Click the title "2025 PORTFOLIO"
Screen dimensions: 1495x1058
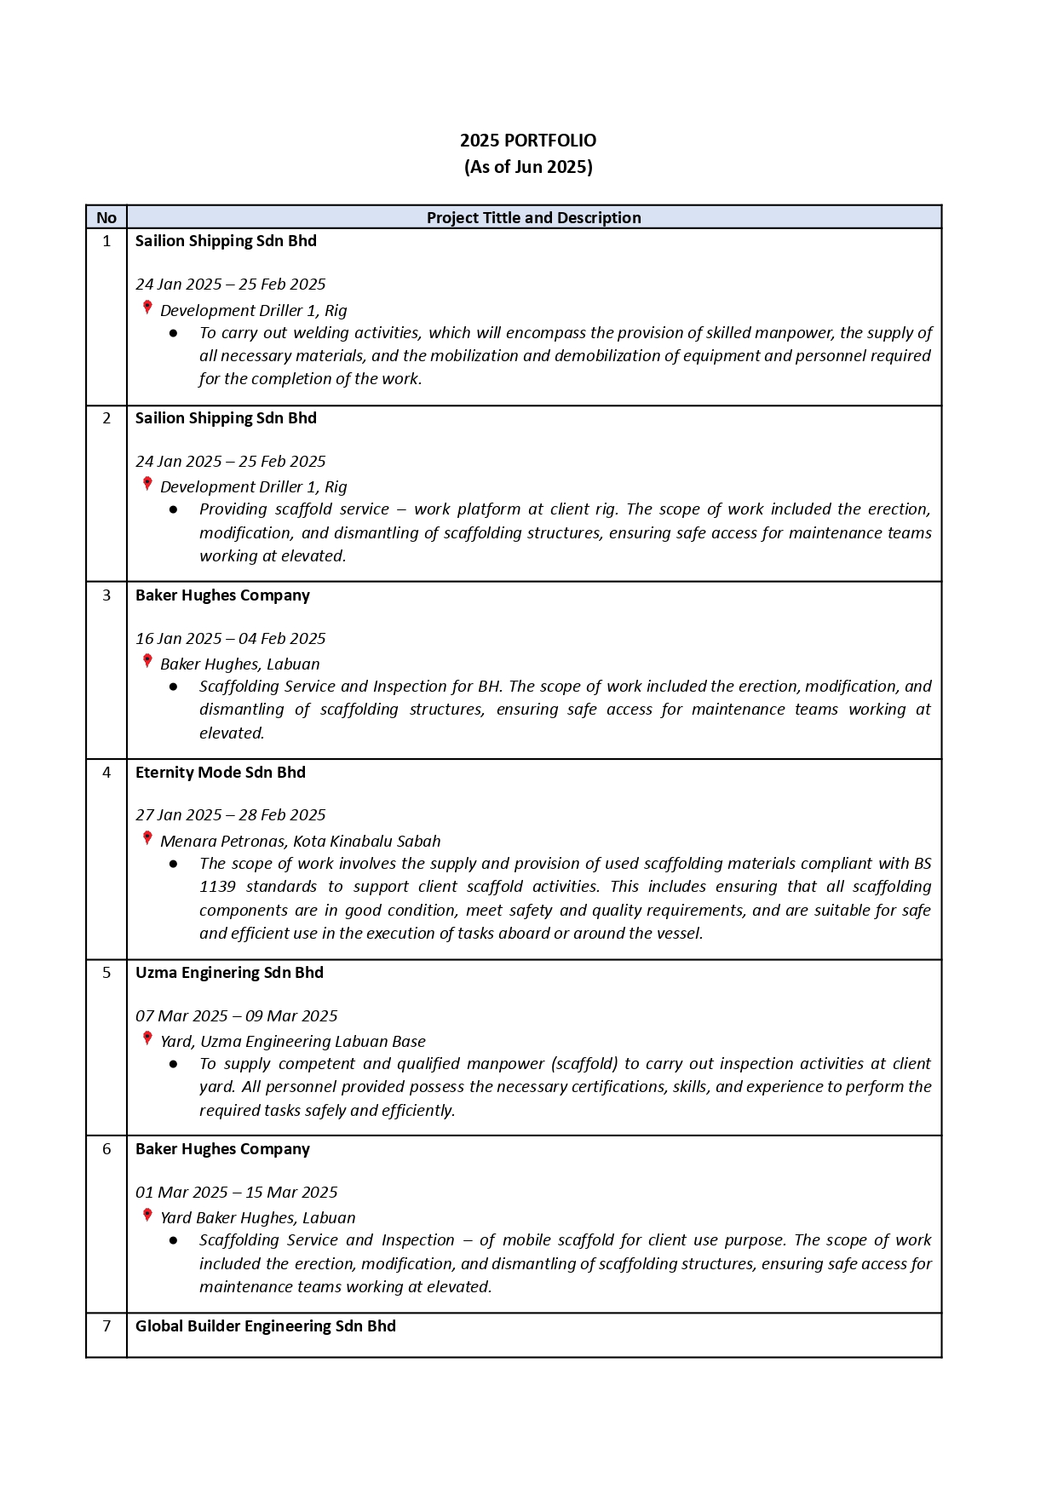(x=528, y=141)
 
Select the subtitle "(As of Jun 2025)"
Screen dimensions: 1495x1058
(x=528, y=167)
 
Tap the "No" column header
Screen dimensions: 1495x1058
(x=106, y=218)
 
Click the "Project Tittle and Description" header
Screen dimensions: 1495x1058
(x=533, y=218)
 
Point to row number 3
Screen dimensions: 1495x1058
(x=106, y=595)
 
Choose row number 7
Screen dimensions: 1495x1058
(x=106, y=1326)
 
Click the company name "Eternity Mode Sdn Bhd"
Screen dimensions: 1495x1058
(x=220, y=773)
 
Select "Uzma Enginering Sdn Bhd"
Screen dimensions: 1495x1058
(x=229, y=973)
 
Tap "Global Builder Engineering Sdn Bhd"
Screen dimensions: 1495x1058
(x=265, y=1326)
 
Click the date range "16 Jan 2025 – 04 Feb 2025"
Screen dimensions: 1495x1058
(x=230, y=639)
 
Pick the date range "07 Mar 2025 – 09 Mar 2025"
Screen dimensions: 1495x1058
(x=236, y=1016)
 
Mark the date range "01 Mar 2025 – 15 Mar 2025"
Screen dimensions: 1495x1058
(x=236, y=1193)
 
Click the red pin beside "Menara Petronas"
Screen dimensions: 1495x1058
(x=147, y=838)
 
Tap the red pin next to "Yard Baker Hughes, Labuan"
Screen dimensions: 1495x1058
(x=147, y=1216)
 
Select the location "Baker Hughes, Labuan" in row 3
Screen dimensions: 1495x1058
(x=240, y=664)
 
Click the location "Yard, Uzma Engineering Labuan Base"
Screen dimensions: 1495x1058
(x=292, y=1042)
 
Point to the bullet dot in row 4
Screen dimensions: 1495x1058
(x=174, y=864)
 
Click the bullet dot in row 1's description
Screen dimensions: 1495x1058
(x=174, y=333)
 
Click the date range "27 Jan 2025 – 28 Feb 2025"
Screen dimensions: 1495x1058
(x=230, y=815)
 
